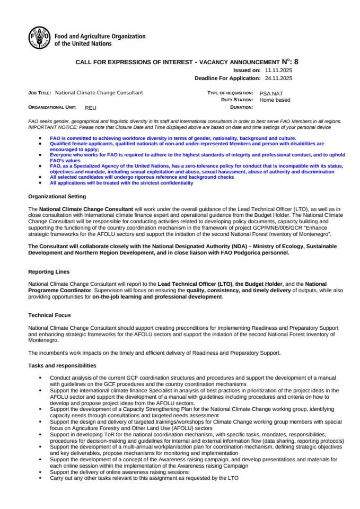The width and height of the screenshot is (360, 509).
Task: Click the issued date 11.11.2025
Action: click(278, 70)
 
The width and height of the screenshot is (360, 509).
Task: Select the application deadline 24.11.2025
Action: click(278, 78)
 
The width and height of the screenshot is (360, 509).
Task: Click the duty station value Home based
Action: click(275, 100)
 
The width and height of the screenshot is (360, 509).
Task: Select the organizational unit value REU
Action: click(91, 107)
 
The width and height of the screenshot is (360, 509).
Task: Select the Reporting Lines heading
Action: click(49, 271)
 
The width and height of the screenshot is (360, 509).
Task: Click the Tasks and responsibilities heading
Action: click(62, 365)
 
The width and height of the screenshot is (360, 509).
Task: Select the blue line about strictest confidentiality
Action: click(121, 183)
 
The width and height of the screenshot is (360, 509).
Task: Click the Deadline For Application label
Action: click(227, 78)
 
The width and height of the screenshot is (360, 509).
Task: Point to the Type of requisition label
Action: click(231, 93)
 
